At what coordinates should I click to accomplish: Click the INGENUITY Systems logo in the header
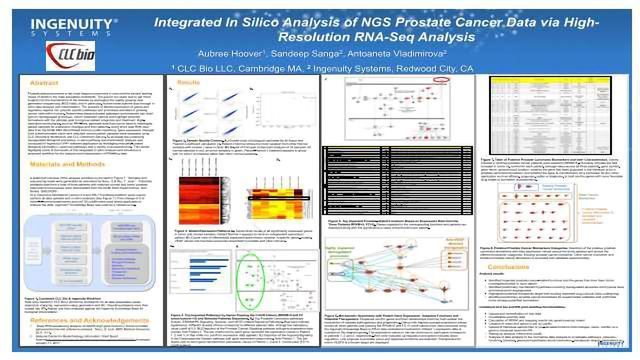(50, 21)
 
